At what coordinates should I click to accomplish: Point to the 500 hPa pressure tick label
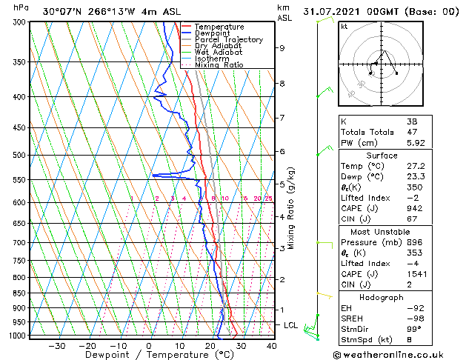pyautogui.click(x=20, y=156)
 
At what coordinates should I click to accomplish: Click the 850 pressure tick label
pyautogui.click(x=20, y=293)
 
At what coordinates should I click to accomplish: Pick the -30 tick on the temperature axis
pyautogui.click(x=56, y=346)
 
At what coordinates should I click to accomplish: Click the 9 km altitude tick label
pyautogui.click(x=282, y=48)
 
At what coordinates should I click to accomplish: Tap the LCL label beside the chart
pyautogui.click(x=291, y=325)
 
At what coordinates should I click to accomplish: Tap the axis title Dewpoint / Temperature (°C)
pyautogui.click(x=149, y=356)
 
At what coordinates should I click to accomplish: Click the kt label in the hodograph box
pyautogui.click(x=344, y=27)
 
